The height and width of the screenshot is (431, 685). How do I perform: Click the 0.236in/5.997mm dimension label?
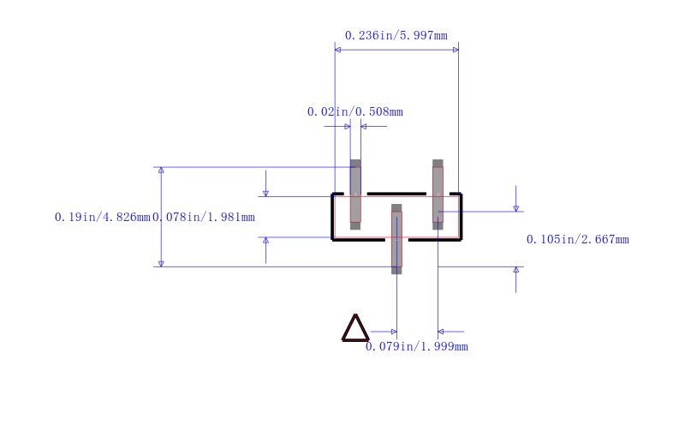pyautogui.click(x=396, y=35)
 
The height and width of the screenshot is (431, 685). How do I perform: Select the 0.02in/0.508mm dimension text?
pyautogui.click(x=355, y=112)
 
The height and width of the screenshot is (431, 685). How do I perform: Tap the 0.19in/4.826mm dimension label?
pyautogui.click(x=102, y=218)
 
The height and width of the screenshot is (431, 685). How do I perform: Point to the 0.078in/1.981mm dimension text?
pyautogui.click(x=204, y=218)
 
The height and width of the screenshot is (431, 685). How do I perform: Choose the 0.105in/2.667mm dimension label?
pyautogui.click(x=577, y=240)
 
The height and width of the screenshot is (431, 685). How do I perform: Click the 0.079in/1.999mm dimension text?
pyautogui.click(x=417, y=347)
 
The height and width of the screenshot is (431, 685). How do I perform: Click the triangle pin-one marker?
pyautogui.click(x=355, y=328)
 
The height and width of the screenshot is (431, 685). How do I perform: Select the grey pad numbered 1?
pyautogui.click(x=355, y=195)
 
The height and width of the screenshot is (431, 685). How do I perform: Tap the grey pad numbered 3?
pyautogui.click(x=438, y=195)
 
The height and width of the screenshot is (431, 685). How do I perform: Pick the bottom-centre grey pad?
pyautogui.click(x=396, y=239)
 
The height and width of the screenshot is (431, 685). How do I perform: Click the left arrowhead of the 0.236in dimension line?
pyautogui.click(x=337, y=50)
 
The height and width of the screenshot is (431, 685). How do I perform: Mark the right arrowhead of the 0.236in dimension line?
pyautogui.click(x=456, y=50)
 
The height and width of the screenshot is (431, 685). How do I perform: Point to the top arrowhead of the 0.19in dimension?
pyautogui.click(x=161, y=170)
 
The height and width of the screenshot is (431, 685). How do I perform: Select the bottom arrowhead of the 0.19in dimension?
pyautogui.click(x=161, y=264)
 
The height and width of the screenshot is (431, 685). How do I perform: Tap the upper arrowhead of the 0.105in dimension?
pyautogui.click(x=516, y=208)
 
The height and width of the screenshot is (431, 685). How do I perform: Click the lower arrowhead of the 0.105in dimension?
pyautogui.click(x=516, y=270)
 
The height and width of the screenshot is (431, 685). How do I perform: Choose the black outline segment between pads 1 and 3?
pyautogui.click(x=396, y=194)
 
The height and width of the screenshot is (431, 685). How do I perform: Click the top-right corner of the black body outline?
pyautogui.click(x=462, y=193)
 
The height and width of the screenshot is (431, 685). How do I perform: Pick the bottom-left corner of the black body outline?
pyautogui.click(x=332, y=240)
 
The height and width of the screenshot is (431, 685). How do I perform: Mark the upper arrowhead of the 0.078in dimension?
pyautogui.click(x=265, y=194)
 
